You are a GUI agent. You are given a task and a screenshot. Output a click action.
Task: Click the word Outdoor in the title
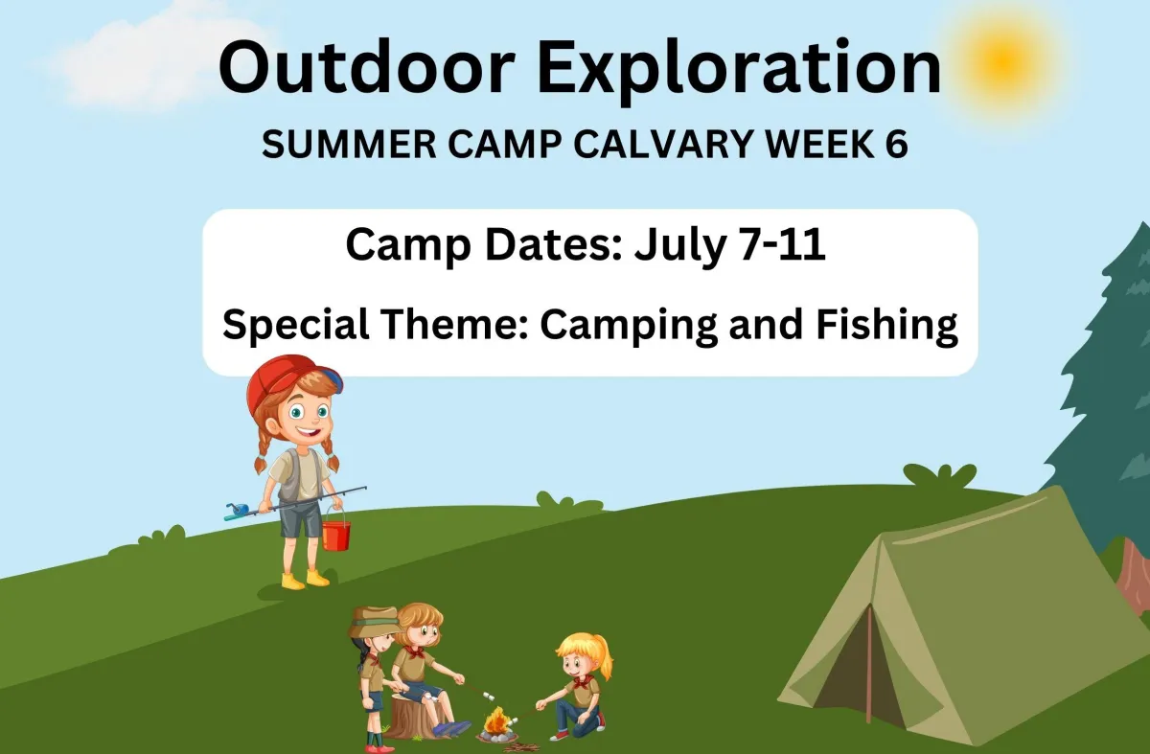pos(367,68)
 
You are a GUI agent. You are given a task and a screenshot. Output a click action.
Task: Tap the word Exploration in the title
pos(739,72)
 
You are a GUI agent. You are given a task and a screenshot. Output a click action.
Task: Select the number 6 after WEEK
pos(897,145)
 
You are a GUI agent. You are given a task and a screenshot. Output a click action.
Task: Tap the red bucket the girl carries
pos(335,535)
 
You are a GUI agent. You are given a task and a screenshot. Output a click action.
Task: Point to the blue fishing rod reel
pos(237,511)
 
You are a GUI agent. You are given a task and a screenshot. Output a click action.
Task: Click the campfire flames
pos(495,720)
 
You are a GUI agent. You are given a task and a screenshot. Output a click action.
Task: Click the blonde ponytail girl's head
pos(583,657)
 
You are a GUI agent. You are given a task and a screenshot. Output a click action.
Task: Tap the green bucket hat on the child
pos(375,622)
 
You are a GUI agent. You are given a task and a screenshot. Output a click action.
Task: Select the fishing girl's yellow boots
pos(305,580)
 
